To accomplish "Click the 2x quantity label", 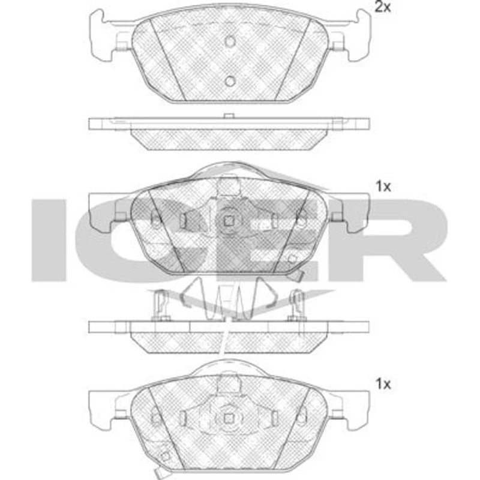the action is [x=383, y=7].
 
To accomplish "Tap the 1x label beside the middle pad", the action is [x=383, y=186].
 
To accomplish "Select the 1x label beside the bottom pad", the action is [x=383, y=383].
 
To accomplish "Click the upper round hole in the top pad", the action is [x=230, y=41].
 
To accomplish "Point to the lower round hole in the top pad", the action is [x=230, y=81].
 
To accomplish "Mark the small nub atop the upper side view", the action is [x=229, y=115].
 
